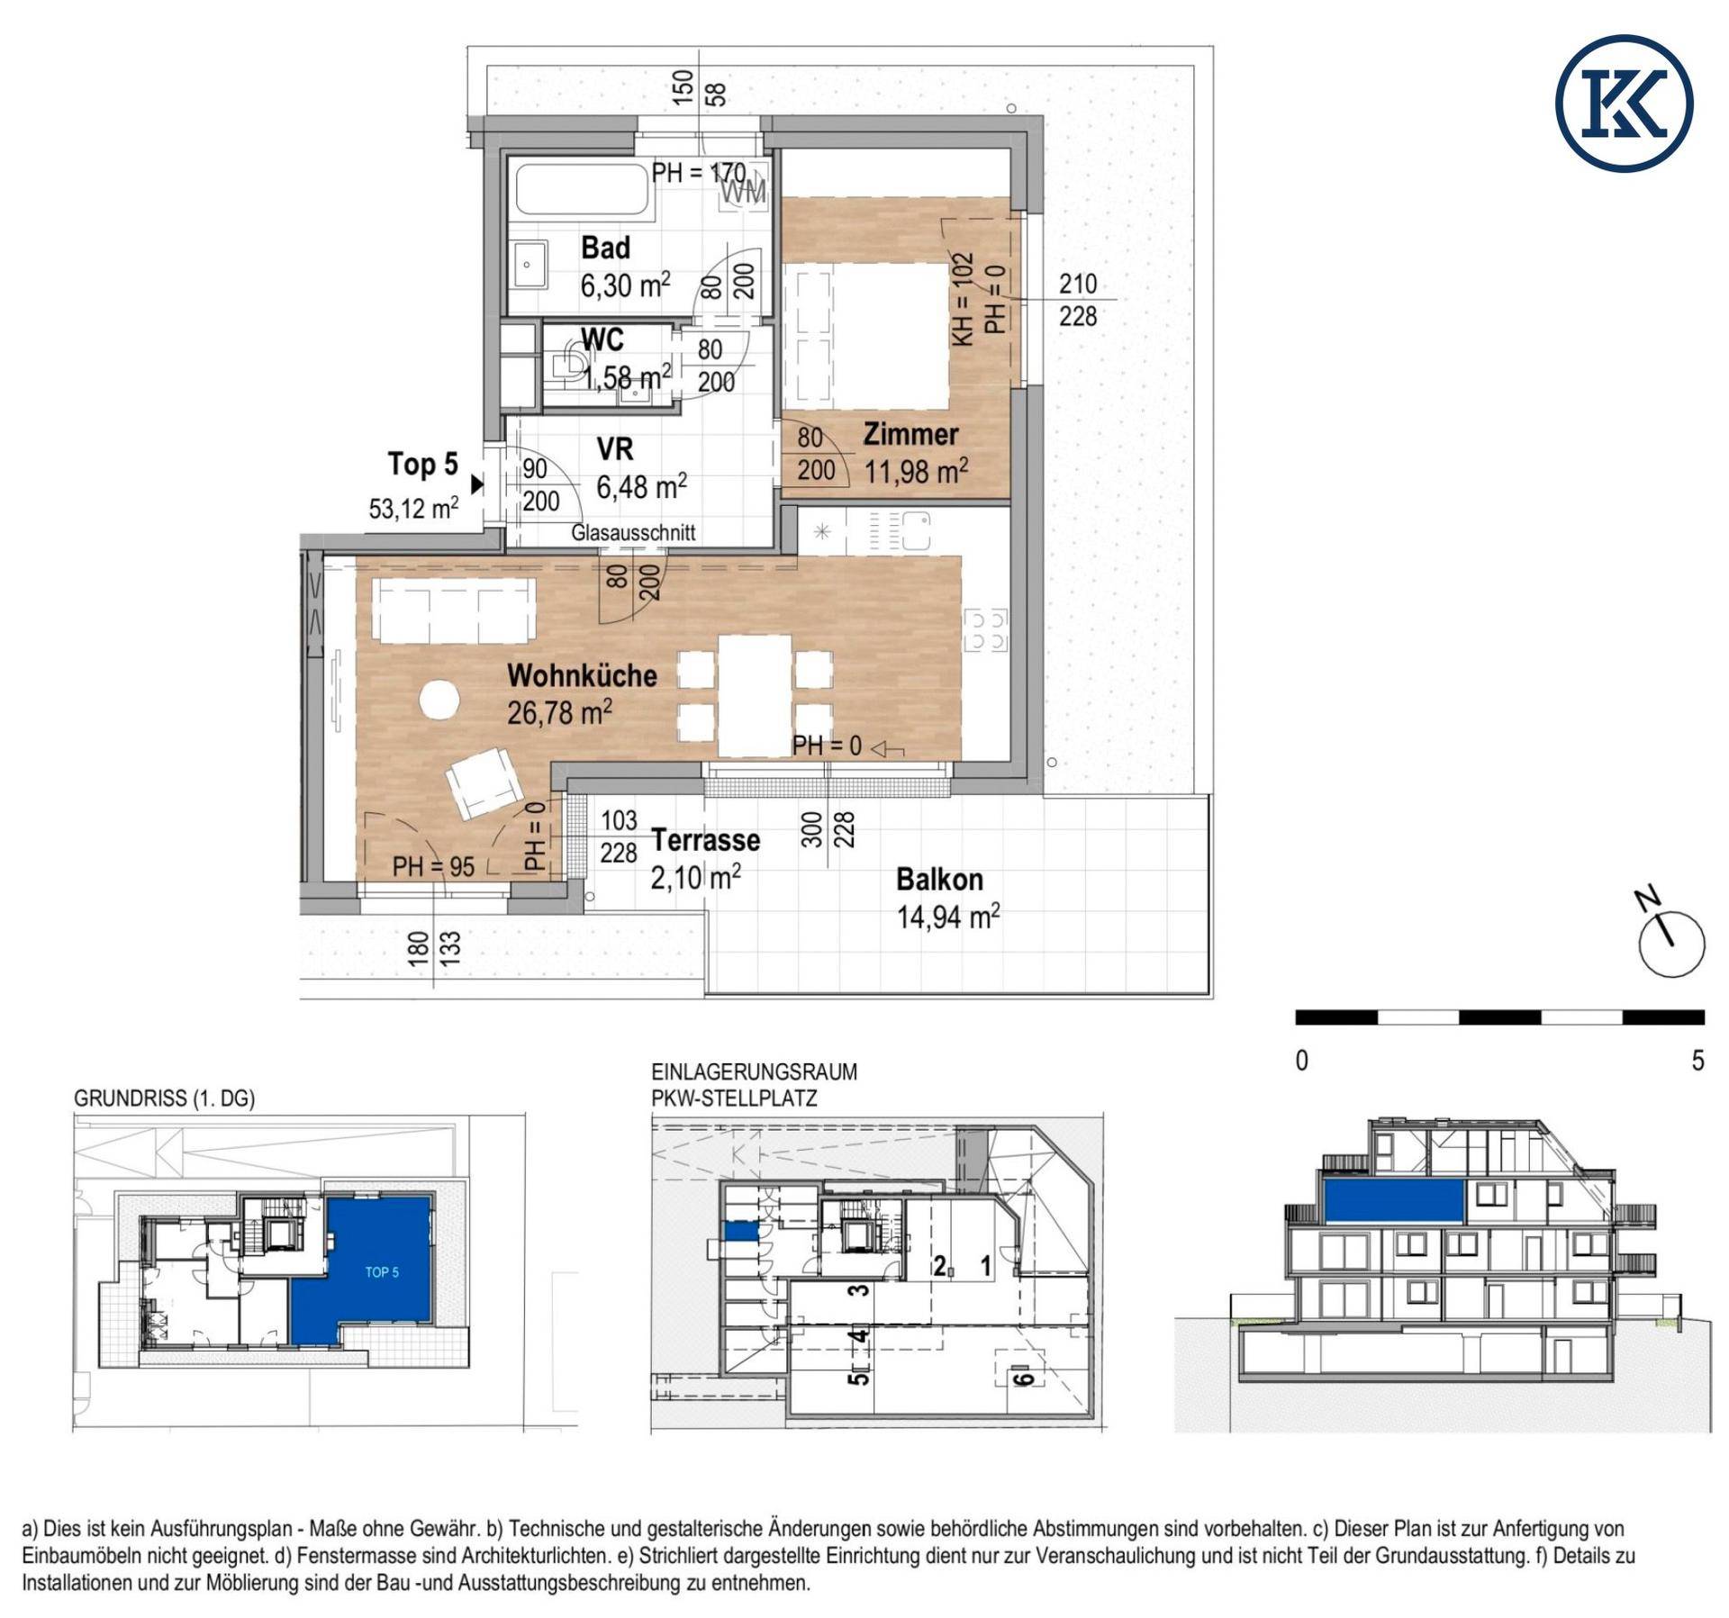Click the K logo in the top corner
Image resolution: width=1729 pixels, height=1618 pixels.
point(1625,104)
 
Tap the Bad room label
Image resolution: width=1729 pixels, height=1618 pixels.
point(605,248)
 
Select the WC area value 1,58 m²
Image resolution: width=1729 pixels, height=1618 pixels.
point(627,377)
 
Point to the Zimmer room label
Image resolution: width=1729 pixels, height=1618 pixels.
point(910,435)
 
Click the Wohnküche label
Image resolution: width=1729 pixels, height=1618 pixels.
point(582,675)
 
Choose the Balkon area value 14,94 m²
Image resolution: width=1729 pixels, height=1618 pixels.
point(948,917)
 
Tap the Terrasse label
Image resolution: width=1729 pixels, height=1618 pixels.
point(706,840)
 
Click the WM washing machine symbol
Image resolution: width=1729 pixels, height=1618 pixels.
point(744,191)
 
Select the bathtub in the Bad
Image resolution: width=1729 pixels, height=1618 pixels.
point(582,187)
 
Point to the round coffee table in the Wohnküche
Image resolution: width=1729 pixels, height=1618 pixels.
point(440,701)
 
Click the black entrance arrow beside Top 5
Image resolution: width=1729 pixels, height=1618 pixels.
point(477,484)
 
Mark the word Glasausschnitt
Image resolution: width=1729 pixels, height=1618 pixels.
point(633,532)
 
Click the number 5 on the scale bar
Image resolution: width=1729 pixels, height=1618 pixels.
point(1697,1061)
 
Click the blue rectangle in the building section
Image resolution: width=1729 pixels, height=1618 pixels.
point(1394,1201)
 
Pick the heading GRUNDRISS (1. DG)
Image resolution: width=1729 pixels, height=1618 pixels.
point(164,1098)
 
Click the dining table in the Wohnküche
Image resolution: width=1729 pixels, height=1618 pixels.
point(755,695)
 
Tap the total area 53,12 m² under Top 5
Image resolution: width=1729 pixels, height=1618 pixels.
point(413,509)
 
